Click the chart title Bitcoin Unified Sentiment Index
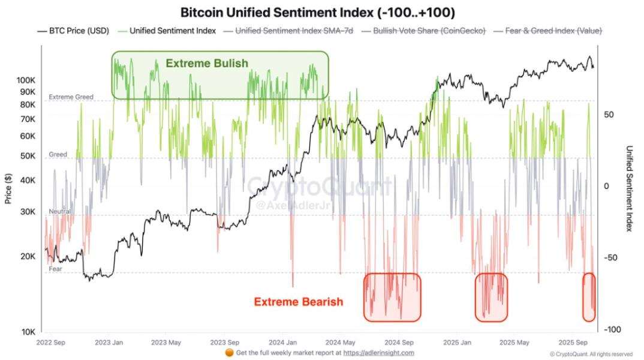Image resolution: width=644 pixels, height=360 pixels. tap(317, 13)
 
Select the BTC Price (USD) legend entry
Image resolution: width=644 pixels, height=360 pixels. tap(74, 31)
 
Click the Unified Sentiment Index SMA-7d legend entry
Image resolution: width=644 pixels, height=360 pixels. tap(288, 31)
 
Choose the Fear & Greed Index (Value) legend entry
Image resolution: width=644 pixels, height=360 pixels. tap(548, 31)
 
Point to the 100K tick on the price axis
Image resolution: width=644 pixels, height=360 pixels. tap(26, 80)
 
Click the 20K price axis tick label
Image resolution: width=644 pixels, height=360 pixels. tap(28, 256)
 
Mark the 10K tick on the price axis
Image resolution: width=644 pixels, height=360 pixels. tap(28, 332)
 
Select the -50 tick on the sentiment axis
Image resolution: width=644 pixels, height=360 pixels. tap(612, 257)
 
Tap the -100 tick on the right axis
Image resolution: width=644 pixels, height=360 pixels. tap(612, 329)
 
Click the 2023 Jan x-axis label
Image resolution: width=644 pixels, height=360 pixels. tap(109, 343)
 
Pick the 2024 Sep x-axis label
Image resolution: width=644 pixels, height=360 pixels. tap(399, 343)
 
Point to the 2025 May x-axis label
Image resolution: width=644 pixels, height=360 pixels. tap(514, 343)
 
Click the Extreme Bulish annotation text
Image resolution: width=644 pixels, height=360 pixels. tap(207, 63)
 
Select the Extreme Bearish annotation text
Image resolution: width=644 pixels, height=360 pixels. tap(299, 302)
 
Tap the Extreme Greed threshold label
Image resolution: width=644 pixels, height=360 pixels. tap(71, 97)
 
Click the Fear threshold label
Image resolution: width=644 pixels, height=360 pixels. tap(55, 269)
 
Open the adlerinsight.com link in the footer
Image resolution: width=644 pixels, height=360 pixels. tap(379, 353)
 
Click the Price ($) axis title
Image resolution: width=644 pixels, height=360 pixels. tap(8, 188)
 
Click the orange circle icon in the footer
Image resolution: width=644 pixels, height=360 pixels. tap(229, 353)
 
